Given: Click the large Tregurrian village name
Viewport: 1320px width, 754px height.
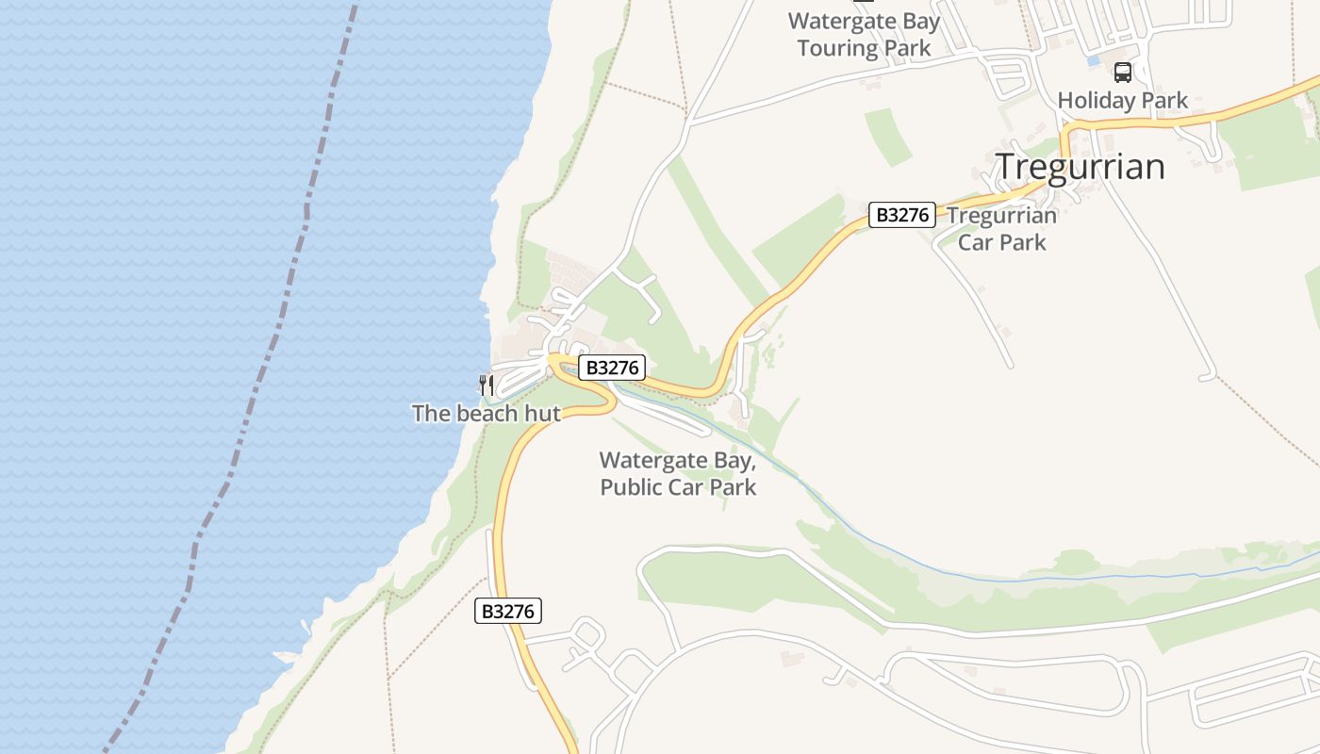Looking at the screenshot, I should [1081, 167].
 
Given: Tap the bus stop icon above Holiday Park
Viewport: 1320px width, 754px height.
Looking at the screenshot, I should [1122, 72].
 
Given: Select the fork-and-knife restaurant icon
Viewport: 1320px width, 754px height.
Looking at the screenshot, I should [487, 385].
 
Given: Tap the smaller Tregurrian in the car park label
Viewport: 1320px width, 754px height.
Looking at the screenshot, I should [1002, 216].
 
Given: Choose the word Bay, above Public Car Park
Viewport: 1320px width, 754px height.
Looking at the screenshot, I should [739, 461].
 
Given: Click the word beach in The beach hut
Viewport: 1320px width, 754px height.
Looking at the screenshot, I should [487, 414].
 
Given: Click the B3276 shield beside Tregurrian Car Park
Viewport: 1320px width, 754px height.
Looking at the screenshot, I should [902, 215].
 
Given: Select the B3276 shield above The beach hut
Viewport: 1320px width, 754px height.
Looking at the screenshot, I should [612, 368].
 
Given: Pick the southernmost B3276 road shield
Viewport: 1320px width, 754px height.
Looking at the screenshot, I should [508, 611].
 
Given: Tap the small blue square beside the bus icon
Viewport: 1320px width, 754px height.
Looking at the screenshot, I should [1094, 60].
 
